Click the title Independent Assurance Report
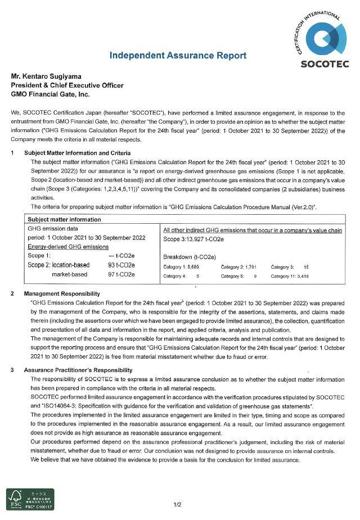tap(177, 56)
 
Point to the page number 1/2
tap(177, 504)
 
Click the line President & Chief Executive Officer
tap(67, 85)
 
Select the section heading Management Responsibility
tap(62, 293)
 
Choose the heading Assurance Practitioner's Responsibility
tap(78, 370)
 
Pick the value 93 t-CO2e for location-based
tap(121, 265)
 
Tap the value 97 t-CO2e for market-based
tap(121, 274)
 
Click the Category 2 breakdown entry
tap(238, 267)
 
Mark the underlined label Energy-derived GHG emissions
tap(67, 247)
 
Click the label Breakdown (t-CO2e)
tap(189, 256)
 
